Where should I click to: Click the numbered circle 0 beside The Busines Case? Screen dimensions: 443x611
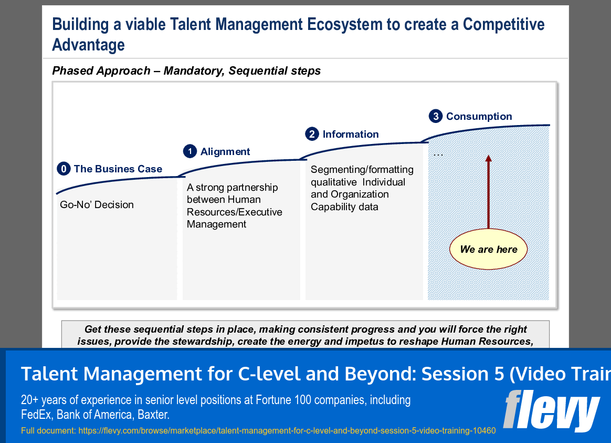click(63, 169)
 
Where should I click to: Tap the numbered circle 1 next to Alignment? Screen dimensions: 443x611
click(189, 151)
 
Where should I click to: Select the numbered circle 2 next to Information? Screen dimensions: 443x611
click(312, 134)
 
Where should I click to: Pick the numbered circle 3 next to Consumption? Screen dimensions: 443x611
click(435, 116)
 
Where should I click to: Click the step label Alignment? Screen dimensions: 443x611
click(225, 151)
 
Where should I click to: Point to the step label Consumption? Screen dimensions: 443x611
click(479, 116)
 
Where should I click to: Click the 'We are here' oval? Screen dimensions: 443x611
click(488, 250)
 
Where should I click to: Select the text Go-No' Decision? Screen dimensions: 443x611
click(97, 204)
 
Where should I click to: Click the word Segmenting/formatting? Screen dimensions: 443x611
click(362, 169)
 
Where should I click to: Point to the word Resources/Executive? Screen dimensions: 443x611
click(234, 212)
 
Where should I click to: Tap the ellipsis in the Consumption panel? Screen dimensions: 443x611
click(438, 154)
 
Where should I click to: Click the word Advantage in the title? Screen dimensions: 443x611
click(88, 45)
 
